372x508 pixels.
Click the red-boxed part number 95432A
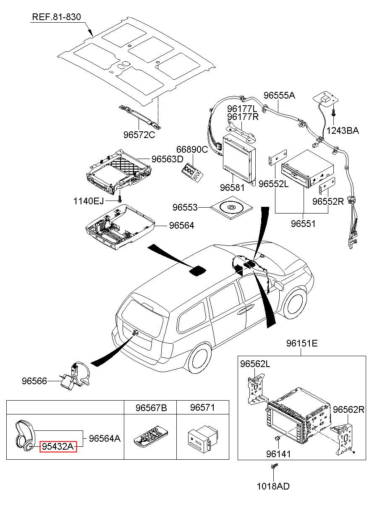point(58,446)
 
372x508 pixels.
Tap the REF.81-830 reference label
point(57,17)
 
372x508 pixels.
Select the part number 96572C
point(139,135)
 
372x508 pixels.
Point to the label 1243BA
point(343,130)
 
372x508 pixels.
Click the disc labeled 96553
point(231,208)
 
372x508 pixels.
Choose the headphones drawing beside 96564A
point(25,436)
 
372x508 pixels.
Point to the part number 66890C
point(192,150)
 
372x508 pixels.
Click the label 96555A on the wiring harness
point(279,96)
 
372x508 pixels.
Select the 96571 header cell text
point(202,408)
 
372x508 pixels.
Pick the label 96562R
point(348,409)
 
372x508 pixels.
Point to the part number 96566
point(34,381)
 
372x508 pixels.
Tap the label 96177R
point(243,117)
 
